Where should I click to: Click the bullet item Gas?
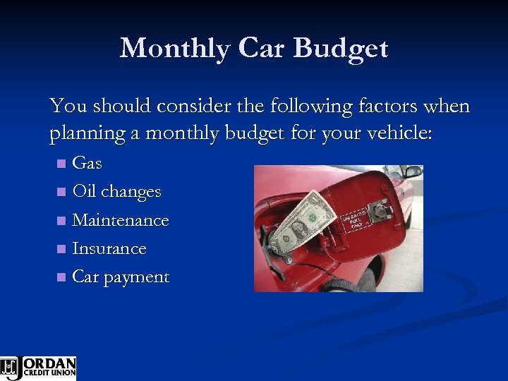[x=87, y=163]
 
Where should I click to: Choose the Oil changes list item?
[x=116, y=192]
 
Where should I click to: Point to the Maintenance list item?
[x=121, y=220]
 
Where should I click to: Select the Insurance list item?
[x=109, y=249]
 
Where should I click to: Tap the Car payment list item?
[x=121, y=277]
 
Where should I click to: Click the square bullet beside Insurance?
[x=61, y=249]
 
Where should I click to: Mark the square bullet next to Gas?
[x=61, y=164]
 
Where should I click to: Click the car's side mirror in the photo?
[x=412, y=171]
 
